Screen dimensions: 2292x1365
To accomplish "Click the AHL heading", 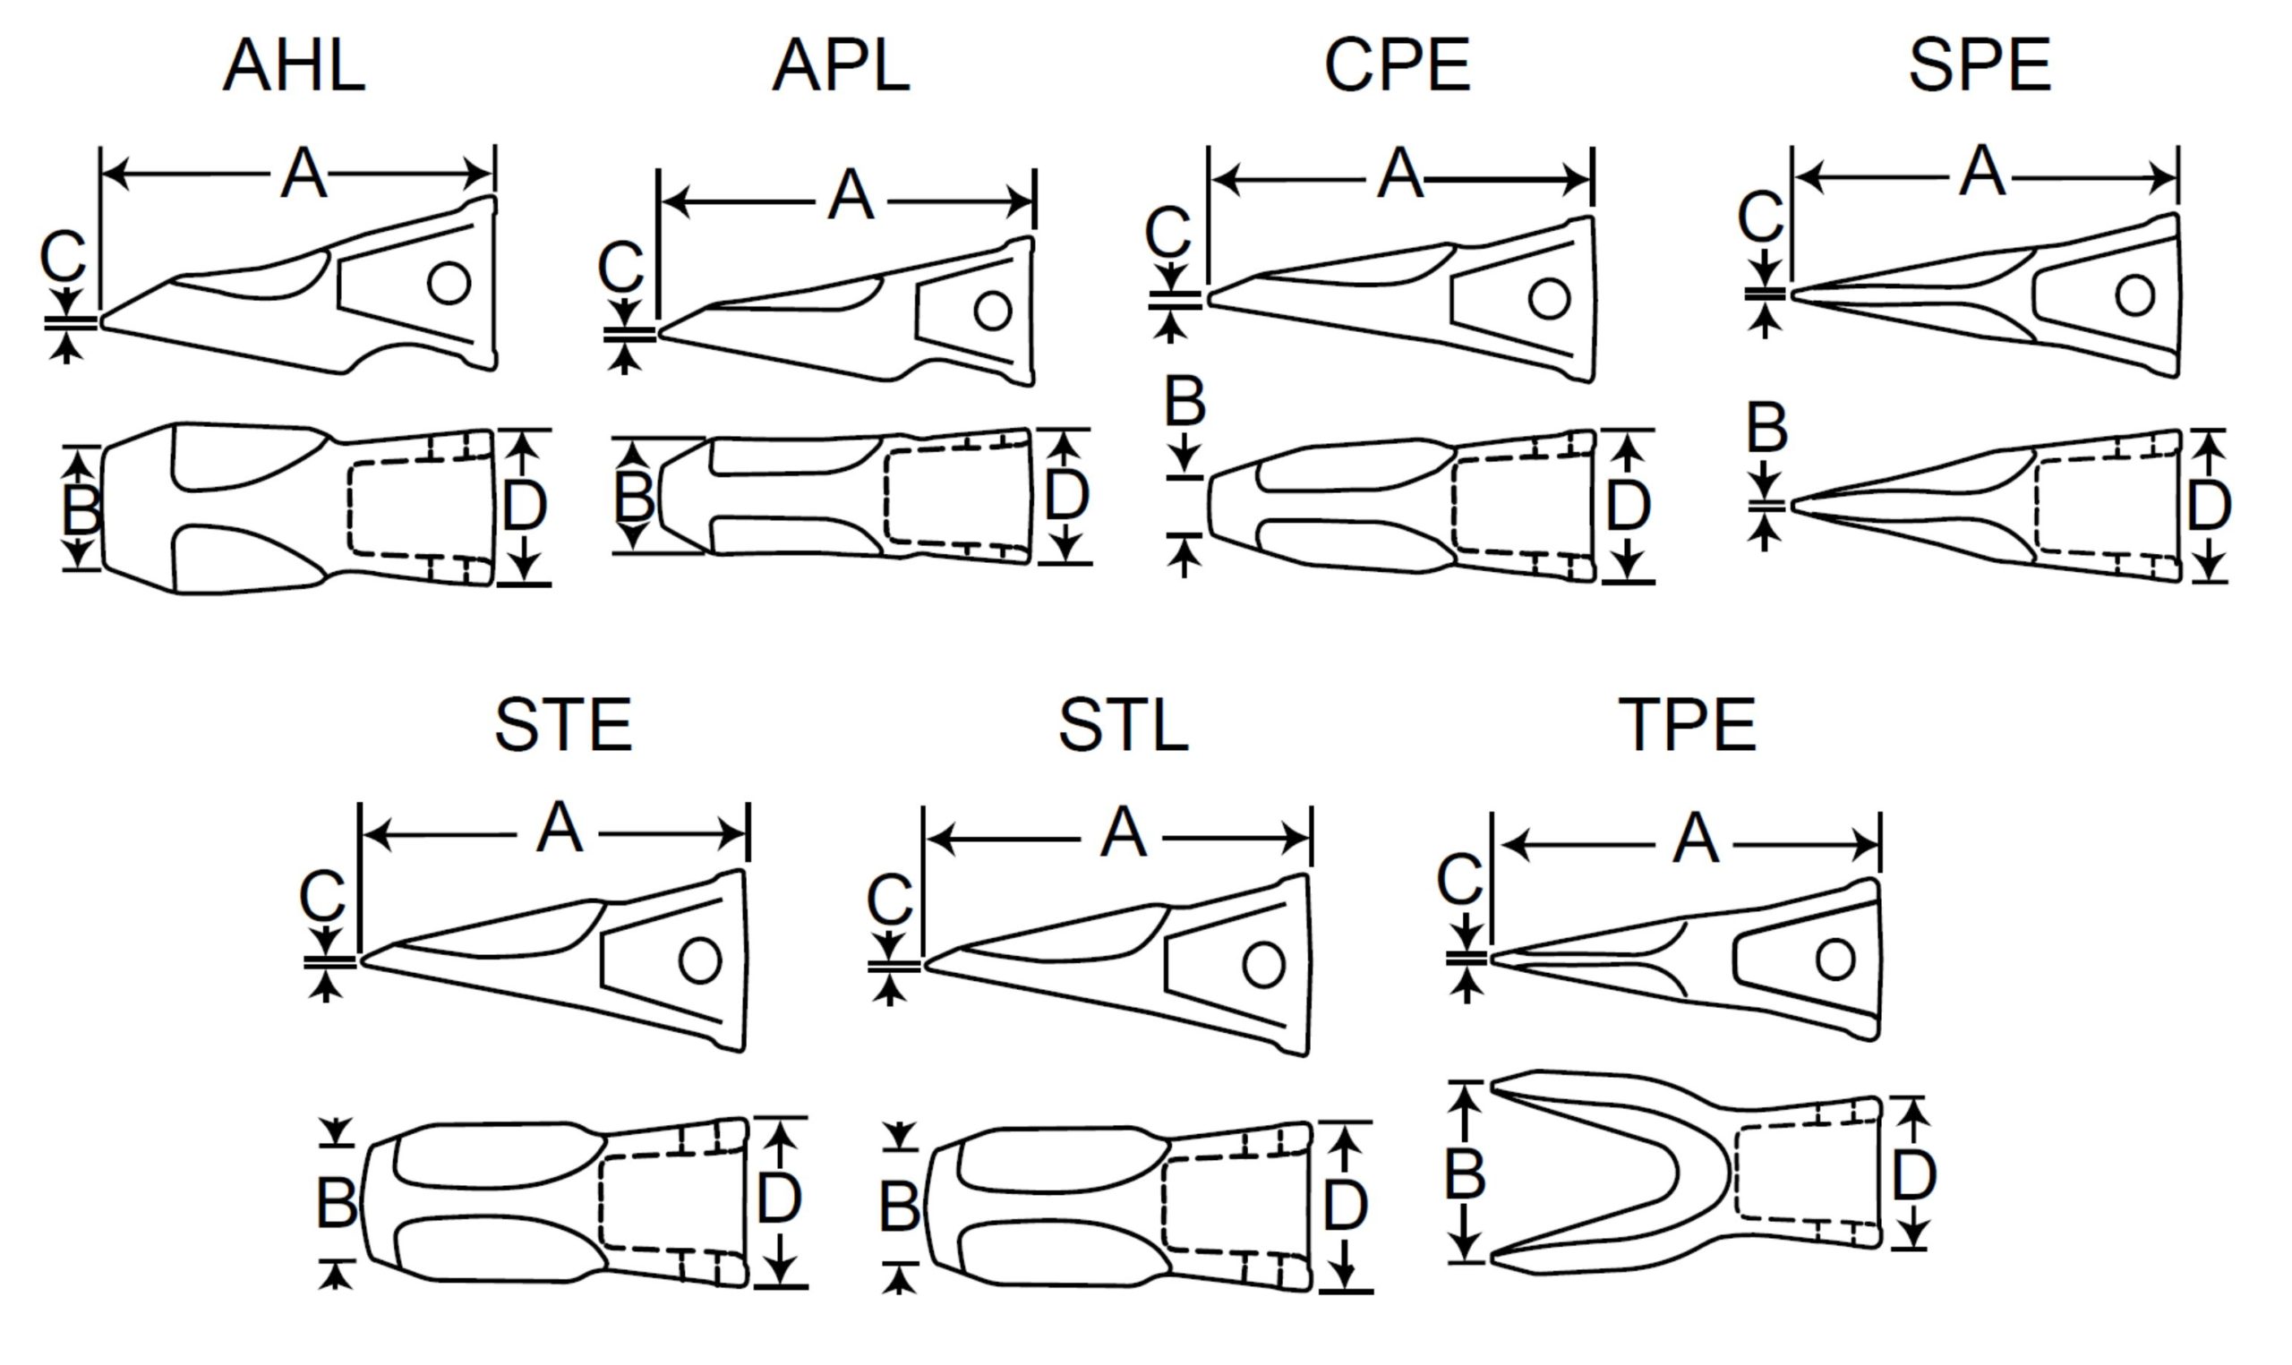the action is [x=295, y=65].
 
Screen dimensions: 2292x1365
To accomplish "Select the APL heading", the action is [x=841, y=65].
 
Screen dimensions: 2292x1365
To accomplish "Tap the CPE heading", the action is [x=1397, y=65].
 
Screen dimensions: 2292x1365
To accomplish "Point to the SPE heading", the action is [x=1980, y=65].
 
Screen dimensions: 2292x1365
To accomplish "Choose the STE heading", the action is [x=563, y=725].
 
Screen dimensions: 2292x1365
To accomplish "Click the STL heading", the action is [x=1123, y=725].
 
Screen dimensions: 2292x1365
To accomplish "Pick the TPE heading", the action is [x=1688, y=725].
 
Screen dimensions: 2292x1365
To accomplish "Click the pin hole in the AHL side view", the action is [x=449, y=284].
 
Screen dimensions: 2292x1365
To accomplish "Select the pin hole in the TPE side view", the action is [x=1834, y=960].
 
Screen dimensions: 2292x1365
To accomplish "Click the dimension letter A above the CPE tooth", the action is [x=1400, y=173].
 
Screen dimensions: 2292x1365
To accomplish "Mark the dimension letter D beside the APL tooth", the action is [x=1067, y=495].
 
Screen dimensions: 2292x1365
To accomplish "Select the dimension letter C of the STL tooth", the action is [x=889, y=899].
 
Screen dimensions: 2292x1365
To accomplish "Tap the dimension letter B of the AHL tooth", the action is [x=81, y=509].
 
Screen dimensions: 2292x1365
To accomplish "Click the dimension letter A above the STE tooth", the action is [x=560, y=827].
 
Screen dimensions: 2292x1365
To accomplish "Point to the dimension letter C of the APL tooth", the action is [x=620, y=267].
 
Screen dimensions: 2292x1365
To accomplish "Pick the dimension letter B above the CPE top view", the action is [x=1184, y=401].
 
